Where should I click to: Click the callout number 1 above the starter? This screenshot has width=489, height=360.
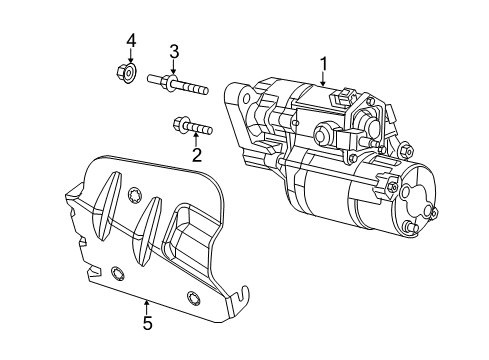(324, 65)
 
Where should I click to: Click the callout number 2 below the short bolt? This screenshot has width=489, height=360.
(197, 154)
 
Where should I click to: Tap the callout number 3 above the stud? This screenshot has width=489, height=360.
(173, 51)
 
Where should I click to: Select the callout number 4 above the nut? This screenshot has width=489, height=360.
(129, 40)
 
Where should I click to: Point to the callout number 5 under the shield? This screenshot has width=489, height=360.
(147, 323)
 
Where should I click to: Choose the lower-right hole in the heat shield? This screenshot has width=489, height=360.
(193, 296)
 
